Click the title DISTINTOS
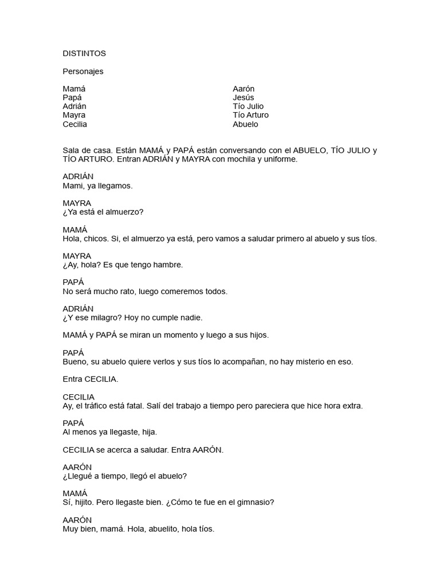pyautogui.click(x=84, y=53)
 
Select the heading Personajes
pyautogui.click(x=83, y=72)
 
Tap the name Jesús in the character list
pyautogui.click(x=243, y=97)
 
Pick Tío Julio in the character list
pyautogui.click(x=248, y=106)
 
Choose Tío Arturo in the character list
pyautogui.click(x=250, y=115)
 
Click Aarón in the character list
pyautogui.click(x=243, y=89)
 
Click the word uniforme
pyautogui.click(x=278, y=159)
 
